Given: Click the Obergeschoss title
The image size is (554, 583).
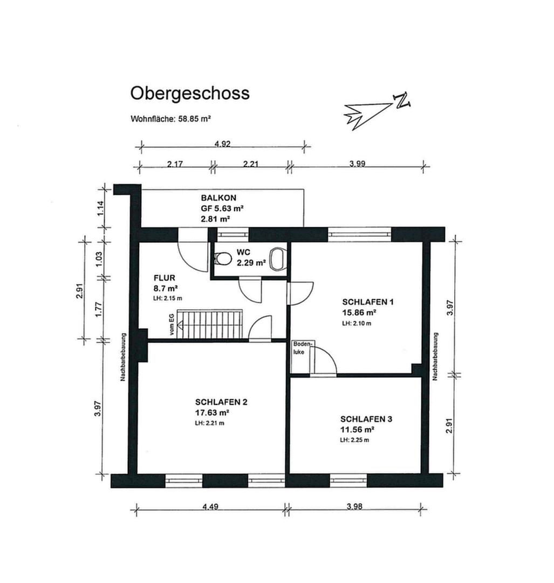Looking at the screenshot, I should (190, 93).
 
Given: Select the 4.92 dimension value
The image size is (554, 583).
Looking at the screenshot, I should (222, 144).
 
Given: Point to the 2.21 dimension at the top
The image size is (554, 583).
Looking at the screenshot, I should (249, 165).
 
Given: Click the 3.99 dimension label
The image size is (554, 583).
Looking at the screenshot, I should (357, 165).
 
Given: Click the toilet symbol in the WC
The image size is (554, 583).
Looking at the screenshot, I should (278, 258).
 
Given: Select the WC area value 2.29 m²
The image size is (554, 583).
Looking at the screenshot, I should (251, 263).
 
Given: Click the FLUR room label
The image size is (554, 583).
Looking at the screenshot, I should (164, 278).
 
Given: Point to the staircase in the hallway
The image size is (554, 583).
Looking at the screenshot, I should (211, 324).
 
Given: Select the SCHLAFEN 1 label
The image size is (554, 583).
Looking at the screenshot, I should (368, 302).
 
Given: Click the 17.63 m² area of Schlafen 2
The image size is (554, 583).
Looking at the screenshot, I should (213, 412).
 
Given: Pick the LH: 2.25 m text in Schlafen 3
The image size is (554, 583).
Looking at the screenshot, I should (354, 440).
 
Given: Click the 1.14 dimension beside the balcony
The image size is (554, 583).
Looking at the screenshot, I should (100, 208).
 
